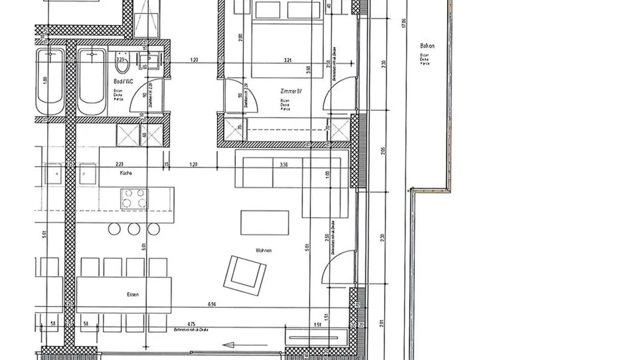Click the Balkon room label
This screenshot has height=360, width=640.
coord(427,46)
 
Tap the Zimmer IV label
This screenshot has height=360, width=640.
coord(291,91)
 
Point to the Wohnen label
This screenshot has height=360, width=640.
coord(264,251)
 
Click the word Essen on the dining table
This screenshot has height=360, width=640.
coord(132,294)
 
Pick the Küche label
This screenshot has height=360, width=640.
coord(126,173)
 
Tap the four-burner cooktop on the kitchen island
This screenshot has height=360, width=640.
coord(134,198)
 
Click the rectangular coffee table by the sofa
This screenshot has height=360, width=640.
coord(264,222)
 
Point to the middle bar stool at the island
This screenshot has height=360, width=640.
coord(134,229)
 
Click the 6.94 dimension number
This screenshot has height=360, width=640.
coord(212,304)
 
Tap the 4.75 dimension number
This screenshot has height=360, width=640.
coord(191,324)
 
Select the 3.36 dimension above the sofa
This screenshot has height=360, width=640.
coord(284,164)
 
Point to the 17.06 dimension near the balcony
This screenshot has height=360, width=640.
coord(404,23)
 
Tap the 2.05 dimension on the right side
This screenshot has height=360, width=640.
coord(383,150)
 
